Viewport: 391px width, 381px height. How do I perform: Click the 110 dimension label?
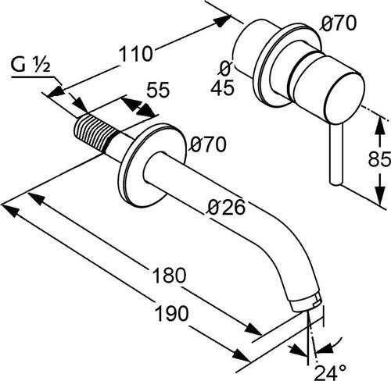(135, 54)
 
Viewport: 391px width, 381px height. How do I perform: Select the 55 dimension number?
(158, 90)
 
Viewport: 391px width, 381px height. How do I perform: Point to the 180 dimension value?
(169, 276)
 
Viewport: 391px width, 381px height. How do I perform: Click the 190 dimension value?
(171, 313)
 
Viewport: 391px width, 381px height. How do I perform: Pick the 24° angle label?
(331, 372)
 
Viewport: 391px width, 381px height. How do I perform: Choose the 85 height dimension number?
(379, 158)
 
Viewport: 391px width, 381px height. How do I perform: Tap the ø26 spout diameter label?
(227, 208)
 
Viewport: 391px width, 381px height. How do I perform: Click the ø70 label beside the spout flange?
(208, 144)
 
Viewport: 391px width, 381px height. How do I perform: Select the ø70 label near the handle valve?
(339, 23)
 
